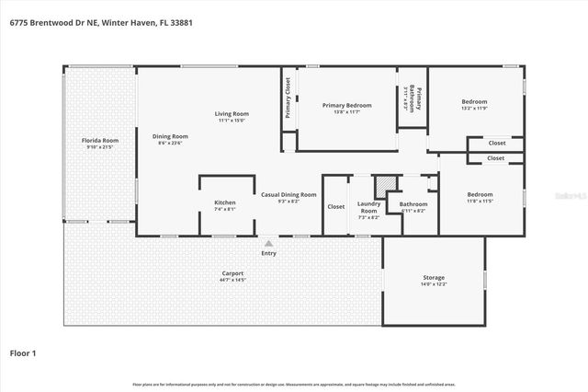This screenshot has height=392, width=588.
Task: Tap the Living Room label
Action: (x=232, y=113)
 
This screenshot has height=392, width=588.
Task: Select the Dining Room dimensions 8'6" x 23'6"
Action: (x=170, y=144)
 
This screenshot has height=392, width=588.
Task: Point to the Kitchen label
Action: (x=225, y=202)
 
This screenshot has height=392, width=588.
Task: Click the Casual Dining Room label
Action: (x=288, y=193)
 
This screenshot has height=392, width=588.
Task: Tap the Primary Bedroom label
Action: (x=346, y=105)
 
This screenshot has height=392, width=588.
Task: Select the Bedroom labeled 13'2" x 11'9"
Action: (x=474, y=101)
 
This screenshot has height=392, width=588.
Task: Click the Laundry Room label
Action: (x=369, y=205)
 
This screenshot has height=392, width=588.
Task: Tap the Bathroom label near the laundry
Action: (x=413, y=203)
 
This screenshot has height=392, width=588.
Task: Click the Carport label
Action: (x=232, y=273)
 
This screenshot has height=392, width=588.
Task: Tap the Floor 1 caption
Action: (x=23, y=352)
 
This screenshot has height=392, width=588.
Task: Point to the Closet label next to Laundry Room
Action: (x=336, y=206)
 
